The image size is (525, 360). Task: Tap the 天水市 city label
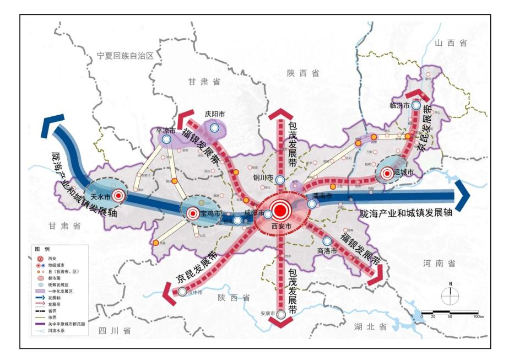pyautogui.click(x=100, y=195)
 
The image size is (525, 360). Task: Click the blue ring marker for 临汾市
pyautogui.click(x=416, y=105)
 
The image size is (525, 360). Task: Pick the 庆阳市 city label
pyautogui.click(x=215, y=114)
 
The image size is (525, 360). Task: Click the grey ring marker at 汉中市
pyautogui.click(x=182, y=292)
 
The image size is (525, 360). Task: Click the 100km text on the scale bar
pyautogui.click(x=478, y=317)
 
